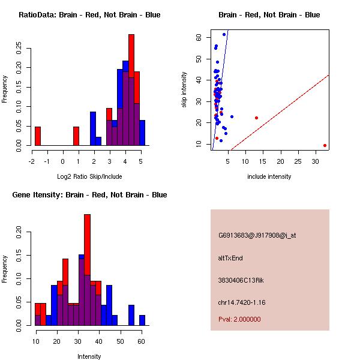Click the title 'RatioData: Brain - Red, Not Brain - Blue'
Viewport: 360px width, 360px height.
89,15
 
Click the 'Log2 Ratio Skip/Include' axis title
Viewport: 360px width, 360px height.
89,176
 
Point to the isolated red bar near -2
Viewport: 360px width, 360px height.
38,136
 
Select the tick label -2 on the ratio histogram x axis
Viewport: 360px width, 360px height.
32,160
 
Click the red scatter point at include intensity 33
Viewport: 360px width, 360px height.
325,145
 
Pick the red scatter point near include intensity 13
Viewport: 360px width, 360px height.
256,118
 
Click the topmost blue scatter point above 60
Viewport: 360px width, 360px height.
224,34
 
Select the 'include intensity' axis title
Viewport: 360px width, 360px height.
269,176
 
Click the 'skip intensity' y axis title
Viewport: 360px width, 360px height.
185,90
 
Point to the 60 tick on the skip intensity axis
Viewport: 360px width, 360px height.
198,37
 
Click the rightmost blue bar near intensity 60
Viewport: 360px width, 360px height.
142,320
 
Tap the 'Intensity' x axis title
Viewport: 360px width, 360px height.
89,356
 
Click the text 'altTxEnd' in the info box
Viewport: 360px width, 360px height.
230,258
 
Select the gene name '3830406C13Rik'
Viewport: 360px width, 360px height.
239,280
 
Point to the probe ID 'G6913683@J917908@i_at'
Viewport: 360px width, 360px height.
257,235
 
